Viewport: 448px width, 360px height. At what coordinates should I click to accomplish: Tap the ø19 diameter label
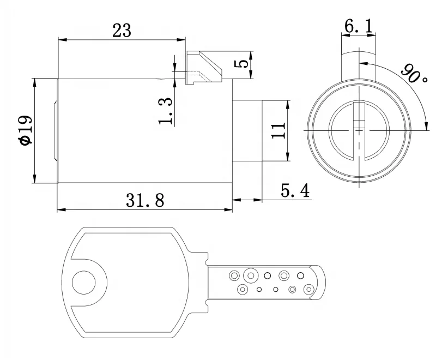tap(25, 131)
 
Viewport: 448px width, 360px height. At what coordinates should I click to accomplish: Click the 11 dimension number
tap(278, 131)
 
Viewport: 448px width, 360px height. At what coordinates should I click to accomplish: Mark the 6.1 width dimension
tap(358, 25)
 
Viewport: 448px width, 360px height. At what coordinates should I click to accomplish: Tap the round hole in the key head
tap(84, 283)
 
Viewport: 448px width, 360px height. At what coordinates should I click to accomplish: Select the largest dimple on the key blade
tap(251, 275)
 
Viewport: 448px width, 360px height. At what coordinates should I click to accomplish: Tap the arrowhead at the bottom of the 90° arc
tap(426, 128)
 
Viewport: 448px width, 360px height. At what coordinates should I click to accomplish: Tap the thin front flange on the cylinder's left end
tap(55, 131)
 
